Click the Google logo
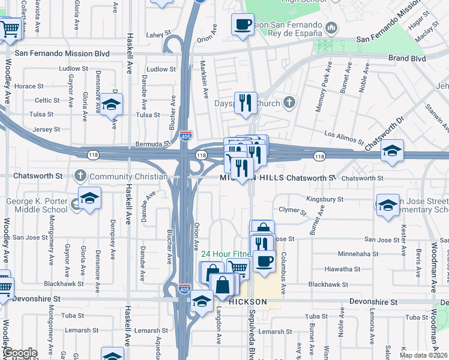[19, 353]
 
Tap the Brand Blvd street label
[406, 59]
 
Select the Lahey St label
[154, 35]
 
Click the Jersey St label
[46, 129]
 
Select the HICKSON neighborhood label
[247, 301]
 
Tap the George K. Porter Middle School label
[36, 205]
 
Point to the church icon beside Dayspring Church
[289, 103]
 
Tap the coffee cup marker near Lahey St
[243, 25]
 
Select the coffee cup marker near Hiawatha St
[264, 261]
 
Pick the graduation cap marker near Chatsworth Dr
[392, 151]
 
